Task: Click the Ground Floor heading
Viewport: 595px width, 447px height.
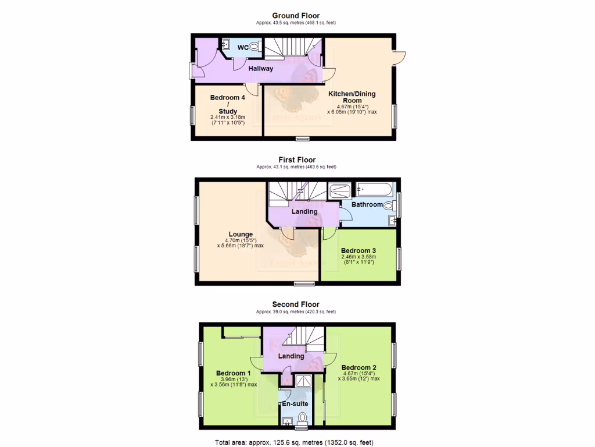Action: [296, 16]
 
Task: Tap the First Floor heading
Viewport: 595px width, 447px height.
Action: [296, 159]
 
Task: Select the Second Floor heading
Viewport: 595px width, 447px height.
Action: [296, 304]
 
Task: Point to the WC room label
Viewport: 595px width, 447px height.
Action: [242, 48]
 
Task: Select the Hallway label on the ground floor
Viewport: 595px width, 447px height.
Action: [261, 69]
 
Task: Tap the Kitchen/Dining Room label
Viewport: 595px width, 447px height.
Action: [352, 97]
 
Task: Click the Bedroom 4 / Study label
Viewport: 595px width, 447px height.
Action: [228, 104]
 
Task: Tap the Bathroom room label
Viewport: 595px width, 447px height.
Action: [366, 204]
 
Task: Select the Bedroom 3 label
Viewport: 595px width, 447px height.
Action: [359, 251]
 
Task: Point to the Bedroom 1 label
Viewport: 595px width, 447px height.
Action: [233, 373]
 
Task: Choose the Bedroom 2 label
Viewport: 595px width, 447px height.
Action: [359, 367]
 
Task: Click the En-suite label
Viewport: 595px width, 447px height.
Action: [295, 403]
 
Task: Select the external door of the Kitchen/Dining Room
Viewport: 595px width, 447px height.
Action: [399, 56]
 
